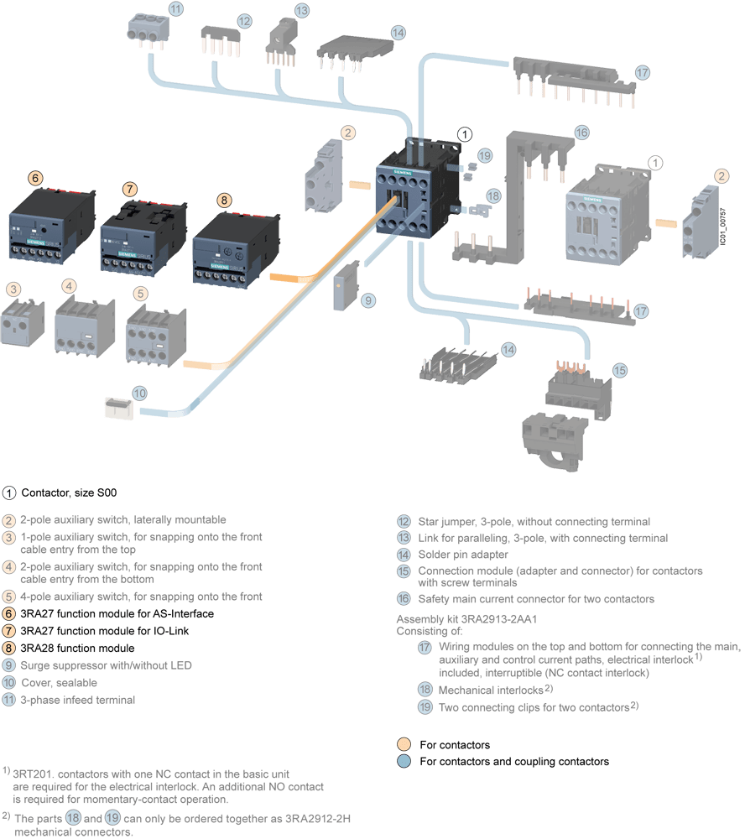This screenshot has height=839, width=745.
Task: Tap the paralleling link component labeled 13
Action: pos(282,42)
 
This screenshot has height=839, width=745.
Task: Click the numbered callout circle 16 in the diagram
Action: pos(581,133)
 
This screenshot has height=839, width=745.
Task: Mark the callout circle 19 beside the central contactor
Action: pos(484,155)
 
